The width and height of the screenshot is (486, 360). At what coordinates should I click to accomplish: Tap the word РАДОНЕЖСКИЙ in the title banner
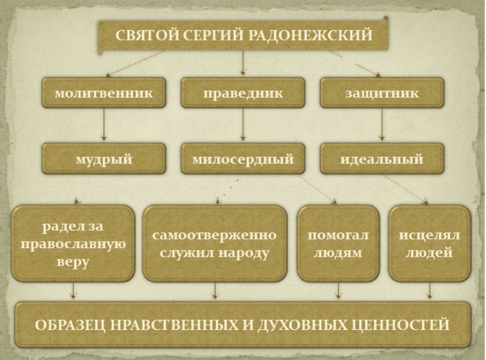[310, 35]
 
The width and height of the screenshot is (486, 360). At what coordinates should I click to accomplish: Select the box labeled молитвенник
[104, 92]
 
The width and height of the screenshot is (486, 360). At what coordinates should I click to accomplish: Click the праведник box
[243, 92]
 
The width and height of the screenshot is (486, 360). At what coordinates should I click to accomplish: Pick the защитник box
[382, 92]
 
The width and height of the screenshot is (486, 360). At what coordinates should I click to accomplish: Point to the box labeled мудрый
[104, 159]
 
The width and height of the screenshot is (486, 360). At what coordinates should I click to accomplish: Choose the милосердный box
[243, 159]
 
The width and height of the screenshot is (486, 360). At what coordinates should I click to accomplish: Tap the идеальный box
[382, 159]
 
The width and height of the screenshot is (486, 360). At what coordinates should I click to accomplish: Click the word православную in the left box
[73, 244]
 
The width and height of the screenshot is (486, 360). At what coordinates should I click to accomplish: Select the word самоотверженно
[214, 235]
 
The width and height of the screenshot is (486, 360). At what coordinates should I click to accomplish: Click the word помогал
[338, 235]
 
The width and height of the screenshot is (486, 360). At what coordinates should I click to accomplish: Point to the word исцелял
[429, 236]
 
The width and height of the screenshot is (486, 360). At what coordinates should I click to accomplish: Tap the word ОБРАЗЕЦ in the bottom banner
[71, 325]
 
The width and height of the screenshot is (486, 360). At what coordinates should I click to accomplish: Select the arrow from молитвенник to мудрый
[104, 124]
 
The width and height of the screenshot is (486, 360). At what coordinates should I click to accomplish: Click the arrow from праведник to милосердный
[243, 124]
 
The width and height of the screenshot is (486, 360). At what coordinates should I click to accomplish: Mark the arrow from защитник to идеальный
[382, 124]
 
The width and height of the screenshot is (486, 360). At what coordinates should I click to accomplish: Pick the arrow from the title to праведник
[243, 63]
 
